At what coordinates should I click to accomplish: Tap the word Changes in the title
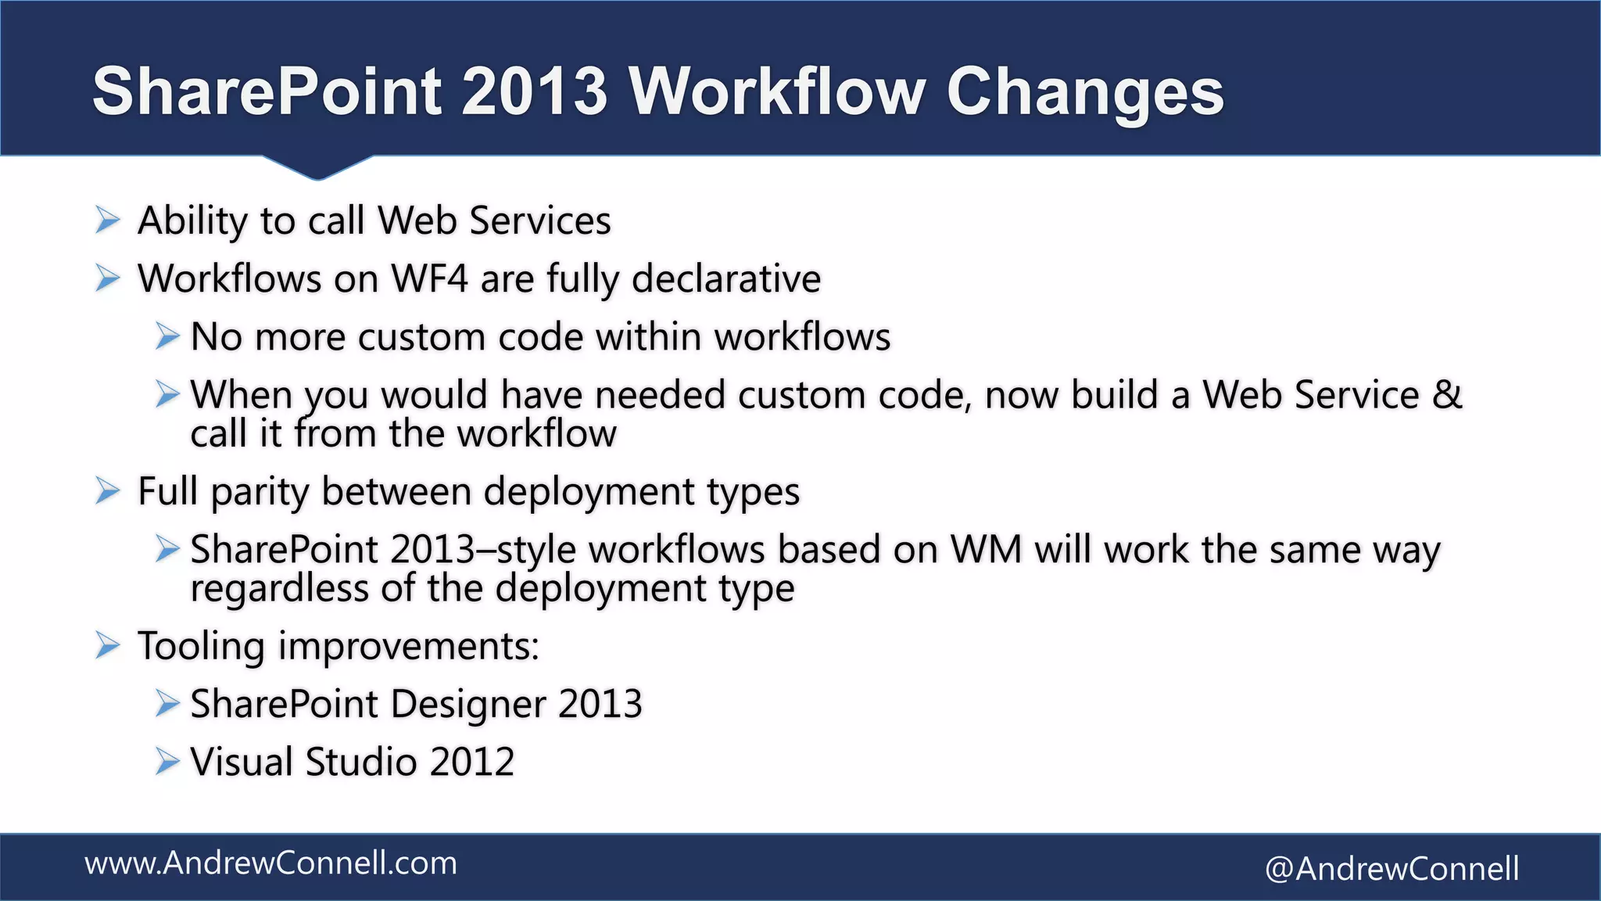point(1084,93)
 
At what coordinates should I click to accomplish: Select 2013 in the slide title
point(534,92)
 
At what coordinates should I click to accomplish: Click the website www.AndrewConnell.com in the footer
point(270,863)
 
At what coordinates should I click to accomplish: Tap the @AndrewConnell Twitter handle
point(1391,869)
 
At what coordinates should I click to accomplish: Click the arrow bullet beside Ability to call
point(107,221)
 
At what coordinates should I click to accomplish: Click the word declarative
point(726,279)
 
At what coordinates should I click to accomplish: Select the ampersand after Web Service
point(1447,394)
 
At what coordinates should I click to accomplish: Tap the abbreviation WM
point(986,550)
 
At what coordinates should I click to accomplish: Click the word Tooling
point(202,647)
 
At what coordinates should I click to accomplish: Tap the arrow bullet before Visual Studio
point(167,761)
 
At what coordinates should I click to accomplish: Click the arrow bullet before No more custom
point(167,337)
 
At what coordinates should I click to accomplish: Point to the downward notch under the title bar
point(317,167)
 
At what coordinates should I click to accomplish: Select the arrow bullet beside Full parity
point(107,492)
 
